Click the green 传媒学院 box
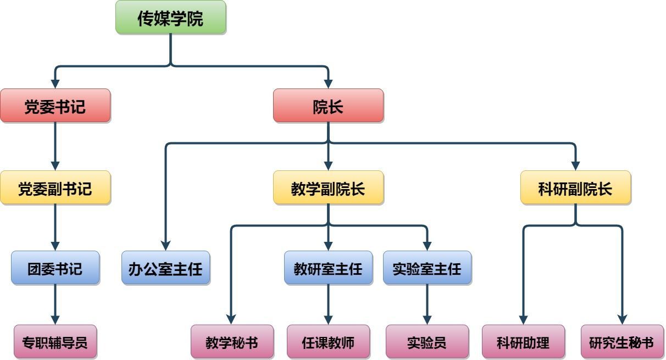click(170, 18)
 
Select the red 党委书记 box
click(55, 106)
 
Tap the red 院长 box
click(328, 106)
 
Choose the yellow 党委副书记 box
click(55, 188)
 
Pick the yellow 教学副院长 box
click(328, 188)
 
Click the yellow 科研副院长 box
click(575, 188)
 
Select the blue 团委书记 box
click(55, 268)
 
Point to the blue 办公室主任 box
click(165, 268)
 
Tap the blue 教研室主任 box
click(328, 268)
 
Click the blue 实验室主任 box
click(427, 268)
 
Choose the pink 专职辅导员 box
click(55, 342)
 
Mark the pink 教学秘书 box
click(231, 342)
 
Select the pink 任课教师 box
click(328, 342)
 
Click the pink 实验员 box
click(427, 342)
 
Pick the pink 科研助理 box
click(523, 342)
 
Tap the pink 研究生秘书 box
click(622, 342)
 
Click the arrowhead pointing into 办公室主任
click(165, 246)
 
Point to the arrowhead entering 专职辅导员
click(55, 319)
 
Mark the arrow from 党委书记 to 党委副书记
click(55, 146)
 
